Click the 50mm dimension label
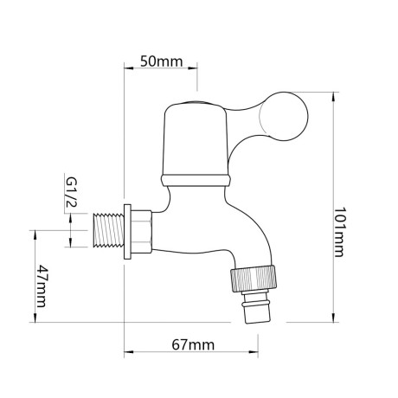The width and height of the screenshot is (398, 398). (x=162, y=61)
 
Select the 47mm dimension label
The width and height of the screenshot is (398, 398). (x=40, y=290)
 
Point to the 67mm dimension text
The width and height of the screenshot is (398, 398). (x=192, y=345)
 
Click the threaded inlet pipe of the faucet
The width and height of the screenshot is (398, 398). (x=105, y=232)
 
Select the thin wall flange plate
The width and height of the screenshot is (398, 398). (x=127, y=232)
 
